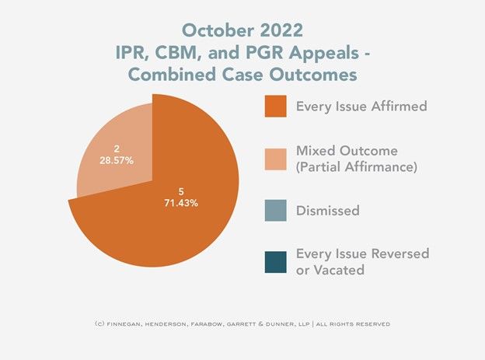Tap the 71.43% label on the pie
click(x=180, y=203)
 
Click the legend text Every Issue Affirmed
click(x=361, y=107)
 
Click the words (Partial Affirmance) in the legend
click(x=361, y=166)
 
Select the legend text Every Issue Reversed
click(x=362, y=254)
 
